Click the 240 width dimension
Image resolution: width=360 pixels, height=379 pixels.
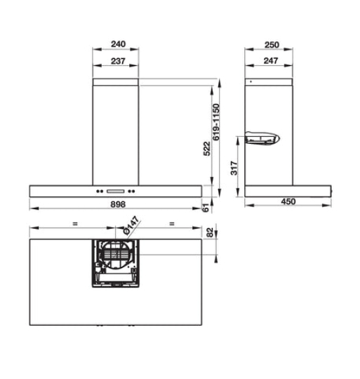117,44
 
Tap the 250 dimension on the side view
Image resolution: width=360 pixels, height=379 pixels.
271,44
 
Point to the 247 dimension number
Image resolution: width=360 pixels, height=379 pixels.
271,61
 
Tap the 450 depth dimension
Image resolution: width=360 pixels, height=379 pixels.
288,202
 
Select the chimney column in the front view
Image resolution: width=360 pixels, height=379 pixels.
116,133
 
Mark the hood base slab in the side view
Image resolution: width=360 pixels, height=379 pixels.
288,189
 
